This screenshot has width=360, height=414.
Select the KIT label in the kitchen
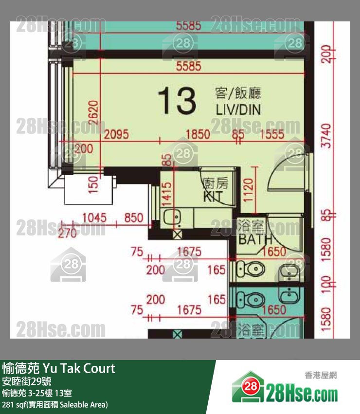pyautogui.click(x=213, y=197)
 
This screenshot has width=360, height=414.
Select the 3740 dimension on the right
pyautogui.click(x=326, y=137)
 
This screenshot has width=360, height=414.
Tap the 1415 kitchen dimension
pyautogui.click(x=167, y=193)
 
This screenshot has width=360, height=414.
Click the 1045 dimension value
pyautogui.click(x=94, y=217)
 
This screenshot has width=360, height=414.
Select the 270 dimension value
pyautogui.click(x=67, y=233)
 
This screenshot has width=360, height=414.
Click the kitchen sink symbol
pyautogui.click(x=171, y=217)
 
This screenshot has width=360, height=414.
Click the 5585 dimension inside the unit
pyautogui.click(x=189, y=66)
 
